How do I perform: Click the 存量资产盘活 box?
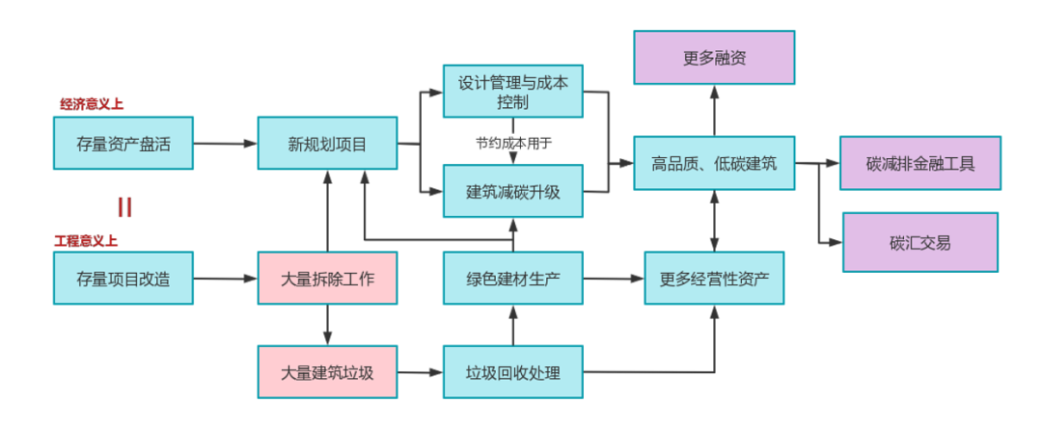tap(123, 144)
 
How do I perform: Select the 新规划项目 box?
tap(327, 145)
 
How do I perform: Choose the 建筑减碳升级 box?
tap(512, 191)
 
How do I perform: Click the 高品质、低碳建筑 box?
tap(713, 163)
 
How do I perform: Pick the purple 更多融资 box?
tap(713, 57)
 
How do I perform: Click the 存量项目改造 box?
tap(123, 279)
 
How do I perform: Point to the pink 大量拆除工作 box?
tap(327, 279)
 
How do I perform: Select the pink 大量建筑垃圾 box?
tap(327, 372)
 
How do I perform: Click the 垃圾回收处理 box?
tap(512, 372)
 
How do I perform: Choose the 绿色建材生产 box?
tap(512, 279)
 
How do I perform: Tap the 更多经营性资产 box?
tap(714, 279)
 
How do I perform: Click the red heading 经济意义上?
tap(91, 104)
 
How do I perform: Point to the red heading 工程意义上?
tap(86, 240)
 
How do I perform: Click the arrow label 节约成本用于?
tap(512, 143)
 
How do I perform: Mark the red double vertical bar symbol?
tap(123, 207)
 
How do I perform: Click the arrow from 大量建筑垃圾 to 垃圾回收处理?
tap(419, 372)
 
